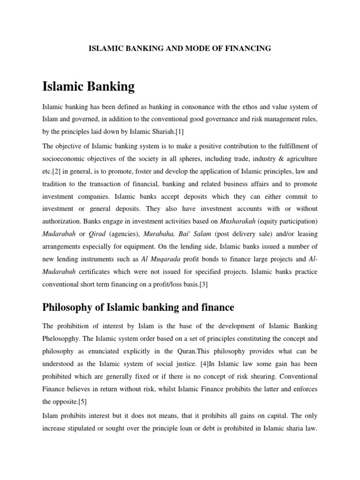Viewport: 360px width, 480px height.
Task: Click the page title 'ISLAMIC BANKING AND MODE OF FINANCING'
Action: [180, 48]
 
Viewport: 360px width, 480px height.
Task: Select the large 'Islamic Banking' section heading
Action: [88, 87]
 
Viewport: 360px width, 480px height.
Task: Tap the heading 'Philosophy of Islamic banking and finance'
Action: [138, 307]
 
